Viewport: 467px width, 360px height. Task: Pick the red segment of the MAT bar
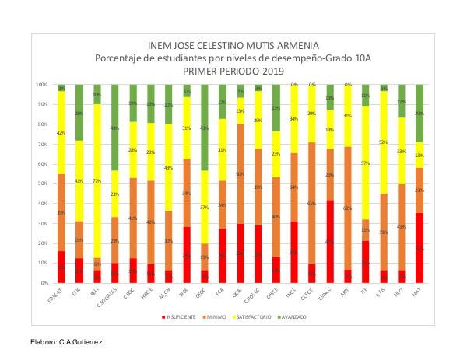pos(420,248)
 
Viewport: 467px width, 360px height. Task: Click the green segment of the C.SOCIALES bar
pos(114,128)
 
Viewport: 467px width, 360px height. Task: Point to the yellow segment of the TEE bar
pos(366,163)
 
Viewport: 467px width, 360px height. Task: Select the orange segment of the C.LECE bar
pos(312,203)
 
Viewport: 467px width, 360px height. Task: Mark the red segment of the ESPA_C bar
pos(330,241)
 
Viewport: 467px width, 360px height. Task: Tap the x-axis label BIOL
pos(185,294)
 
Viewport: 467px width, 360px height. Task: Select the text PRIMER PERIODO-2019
pos(233,70)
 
